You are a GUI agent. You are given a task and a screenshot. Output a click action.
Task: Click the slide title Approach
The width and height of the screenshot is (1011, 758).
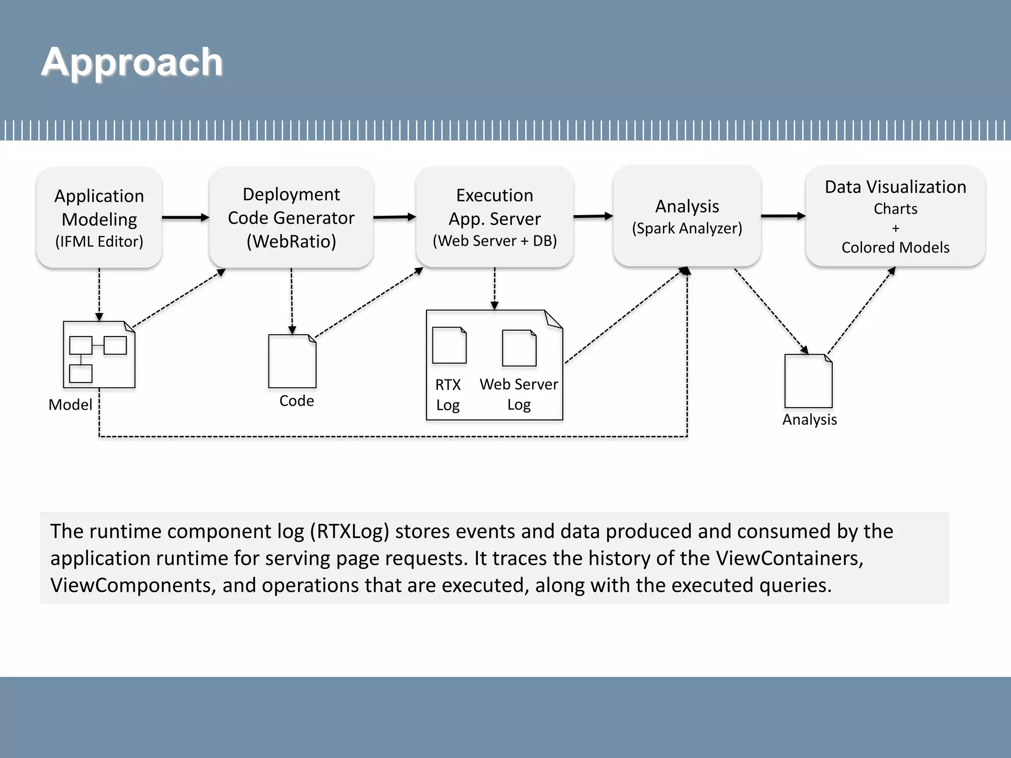132,62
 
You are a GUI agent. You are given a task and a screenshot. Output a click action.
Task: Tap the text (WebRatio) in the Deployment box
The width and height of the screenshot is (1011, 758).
291,241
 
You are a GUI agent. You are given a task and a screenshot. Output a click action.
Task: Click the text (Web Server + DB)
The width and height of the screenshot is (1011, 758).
495,241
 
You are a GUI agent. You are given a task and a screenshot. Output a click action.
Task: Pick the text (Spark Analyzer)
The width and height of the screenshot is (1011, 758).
687,228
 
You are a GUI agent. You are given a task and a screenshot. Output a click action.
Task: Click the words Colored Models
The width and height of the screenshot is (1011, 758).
895,247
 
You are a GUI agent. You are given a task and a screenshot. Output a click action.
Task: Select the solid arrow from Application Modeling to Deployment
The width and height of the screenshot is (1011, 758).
185,217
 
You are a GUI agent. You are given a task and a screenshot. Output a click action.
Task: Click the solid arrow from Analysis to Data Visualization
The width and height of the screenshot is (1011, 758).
783,216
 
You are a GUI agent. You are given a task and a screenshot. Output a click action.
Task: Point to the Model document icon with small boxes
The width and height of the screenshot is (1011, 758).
99,354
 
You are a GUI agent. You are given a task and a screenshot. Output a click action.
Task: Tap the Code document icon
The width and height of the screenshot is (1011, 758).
292,361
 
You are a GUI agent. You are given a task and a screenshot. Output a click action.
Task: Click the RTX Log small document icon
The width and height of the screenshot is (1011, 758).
449,345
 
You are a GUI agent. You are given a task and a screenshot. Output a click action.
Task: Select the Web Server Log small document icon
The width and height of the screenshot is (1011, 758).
519,348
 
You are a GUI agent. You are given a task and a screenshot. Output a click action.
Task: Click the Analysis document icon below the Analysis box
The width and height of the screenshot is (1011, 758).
808,381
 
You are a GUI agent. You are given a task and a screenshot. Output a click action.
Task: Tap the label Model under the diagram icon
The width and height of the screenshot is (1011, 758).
70,405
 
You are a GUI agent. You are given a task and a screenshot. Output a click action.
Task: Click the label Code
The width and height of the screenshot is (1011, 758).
296,401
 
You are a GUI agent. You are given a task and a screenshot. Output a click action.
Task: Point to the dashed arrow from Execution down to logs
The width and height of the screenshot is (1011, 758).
494,289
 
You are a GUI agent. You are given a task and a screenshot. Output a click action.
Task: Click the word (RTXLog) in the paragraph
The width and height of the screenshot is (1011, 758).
350,531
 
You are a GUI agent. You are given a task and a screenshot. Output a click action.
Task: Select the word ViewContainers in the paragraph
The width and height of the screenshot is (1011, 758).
789,558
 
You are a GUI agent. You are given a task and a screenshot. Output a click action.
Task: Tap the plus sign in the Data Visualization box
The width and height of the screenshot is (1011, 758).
895,228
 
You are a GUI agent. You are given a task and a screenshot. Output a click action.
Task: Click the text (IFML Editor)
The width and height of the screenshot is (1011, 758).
99,241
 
